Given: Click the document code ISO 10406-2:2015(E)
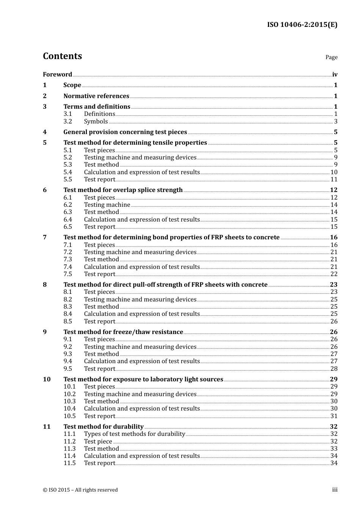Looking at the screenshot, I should (x=302, y=25).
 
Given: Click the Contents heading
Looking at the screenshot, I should (x=62, y=56).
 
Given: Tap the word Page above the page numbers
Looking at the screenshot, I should (x=331, y=57).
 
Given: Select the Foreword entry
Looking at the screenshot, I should (x=57, y=75).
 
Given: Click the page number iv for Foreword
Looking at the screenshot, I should (x=335, y=75).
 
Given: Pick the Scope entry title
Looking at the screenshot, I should (x=72, y=85).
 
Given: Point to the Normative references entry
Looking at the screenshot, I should (x=96, y=96).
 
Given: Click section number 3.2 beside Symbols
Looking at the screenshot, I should (x=67, y=122).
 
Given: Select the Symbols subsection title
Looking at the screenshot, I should (x=96, y=122).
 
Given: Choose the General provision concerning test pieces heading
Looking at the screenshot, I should (x=125, y=132).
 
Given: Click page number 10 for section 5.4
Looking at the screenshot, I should (x=334, y=172).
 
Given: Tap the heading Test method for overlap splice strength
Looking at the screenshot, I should (x=123, y=190).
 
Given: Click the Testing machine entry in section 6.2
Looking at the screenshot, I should (x=107, y=205).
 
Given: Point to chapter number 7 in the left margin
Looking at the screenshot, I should (x=45, y=237).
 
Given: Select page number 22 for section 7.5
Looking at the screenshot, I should (x=334, y=274).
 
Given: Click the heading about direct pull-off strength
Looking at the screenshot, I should (x=165, y=285).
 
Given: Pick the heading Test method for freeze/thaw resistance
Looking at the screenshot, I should (x=123, y=332).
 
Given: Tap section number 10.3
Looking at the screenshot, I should (x=69, y=401).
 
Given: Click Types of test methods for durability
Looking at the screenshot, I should (x=135, y=434).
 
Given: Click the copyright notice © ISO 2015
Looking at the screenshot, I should (x=80, y=490).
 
